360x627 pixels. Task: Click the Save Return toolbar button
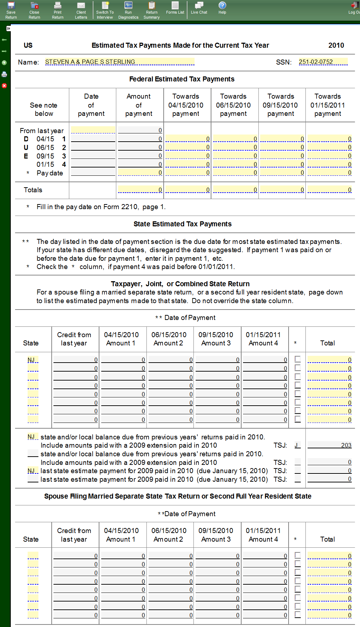[x=11, y=10]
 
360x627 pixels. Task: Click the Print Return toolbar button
[x=57, y=10]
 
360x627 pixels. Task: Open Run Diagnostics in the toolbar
[x=128, y=10]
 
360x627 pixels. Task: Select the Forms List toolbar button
[x=175, y=8]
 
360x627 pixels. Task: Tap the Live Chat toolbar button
[x=199, y=8]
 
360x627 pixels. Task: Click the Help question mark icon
[x=222, y=6]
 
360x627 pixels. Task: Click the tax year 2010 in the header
[x=336, y=45]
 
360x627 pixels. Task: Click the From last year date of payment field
[x=93, y=130]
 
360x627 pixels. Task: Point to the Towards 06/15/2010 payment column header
[x=233, y=105]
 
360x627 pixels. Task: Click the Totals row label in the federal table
[x=33, y=190]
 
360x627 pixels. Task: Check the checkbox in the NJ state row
[x=298, y=359]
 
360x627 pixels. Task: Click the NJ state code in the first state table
[x=32, y=360]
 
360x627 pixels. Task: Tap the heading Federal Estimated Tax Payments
[x=182, y=79]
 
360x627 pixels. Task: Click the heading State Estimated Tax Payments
[x=182, y=224]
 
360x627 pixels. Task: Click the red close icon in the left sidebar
[x=4, y=86]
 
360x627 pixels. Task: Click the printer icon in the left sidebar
[x=4, y=74]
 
